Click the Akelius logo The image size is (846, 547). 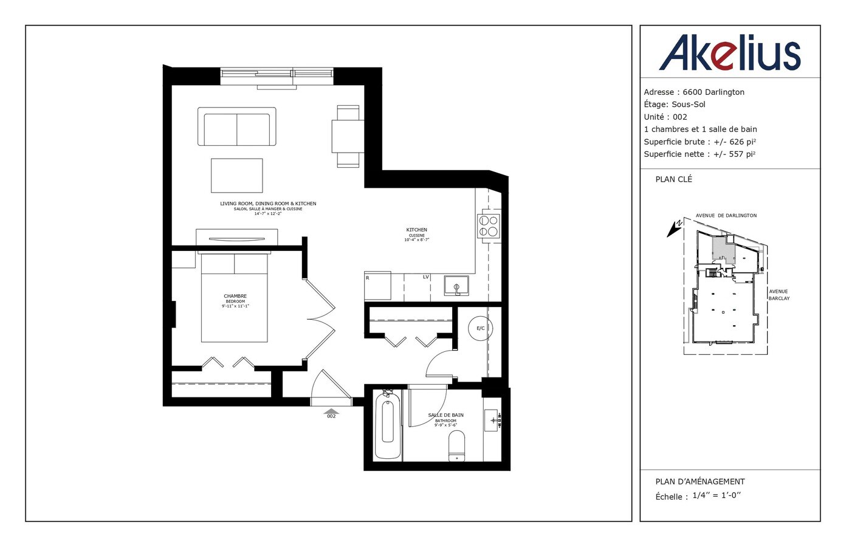pos(729,53)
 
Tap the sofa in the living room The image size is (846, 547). pos(236,127)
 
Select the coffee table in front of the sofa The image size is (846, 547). pos(237,176)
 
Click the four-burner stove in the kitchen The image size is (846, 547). pos(489,226)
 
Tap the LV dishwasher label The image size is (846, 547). pos(425,277)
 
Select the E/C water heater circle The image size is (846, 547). pos(480,328)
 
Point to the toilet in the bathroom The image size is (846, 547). pos(456,447)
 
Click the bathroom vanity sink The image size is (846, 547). pos(492,420)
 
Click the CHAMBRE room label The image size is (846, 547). pos(235,296)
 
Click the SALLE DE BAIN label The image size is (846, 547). pos(445,415)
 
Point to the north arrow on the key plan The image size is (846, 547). pos(673,228)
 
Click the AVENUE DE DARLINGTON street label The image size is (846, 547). pos(726,216)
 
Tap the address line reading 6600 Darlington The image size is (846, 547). pos(694,92)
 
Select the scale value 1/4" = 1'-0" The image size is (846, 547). pos(717,495)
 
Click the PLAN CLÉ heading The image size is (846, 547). pos(673,179)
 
